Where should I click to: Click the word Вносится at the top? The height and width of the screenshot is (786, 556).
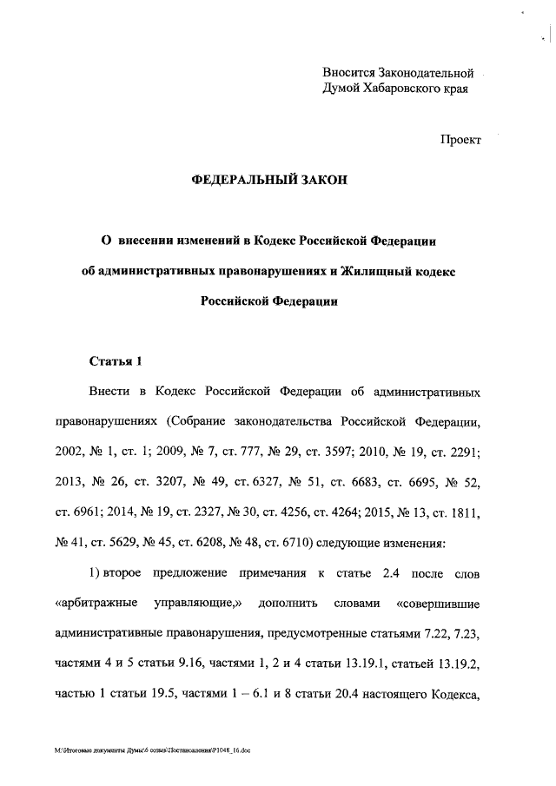pyautogui.click(x=347, y=72)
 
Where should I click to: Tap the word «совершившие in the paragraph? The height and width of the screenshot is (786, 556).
pyautogui.click(x=438, y=603)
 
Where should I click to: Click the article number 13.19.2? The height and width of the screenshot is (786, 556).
pyautogui.click(x=456, y=664)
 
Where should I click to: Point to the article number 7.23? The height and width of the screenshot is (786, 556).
pyautogui.click(x=469, y=633)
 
